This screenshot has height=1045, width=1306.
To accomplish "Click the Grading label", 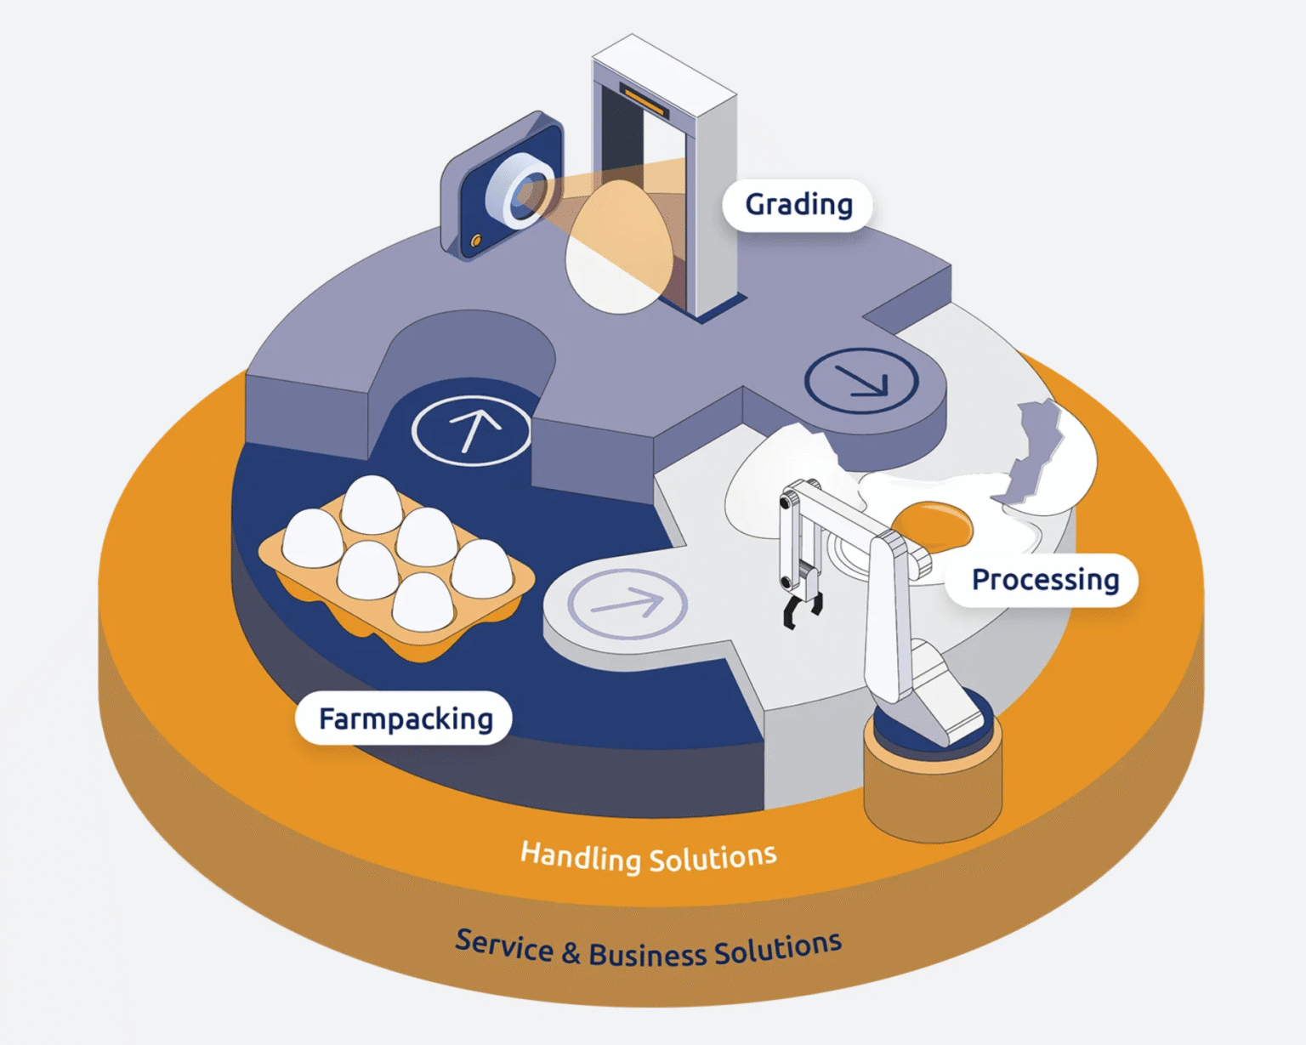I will click(x=798, y=205).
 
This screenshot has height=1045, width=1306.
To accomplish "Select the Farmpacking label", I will click(x=405, y=719).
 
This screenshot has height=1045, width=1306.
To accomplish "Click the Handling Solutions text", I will click(x=648, y=857).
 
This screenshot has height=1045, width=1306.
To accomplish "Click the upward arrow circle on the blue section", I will click(x=472, y=430).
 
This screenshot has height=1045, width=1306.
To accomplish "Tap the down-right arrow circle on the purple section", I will click(x=861, y=381).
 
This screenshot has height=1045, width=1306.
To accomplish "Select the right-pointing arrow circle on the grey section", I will click(x=627, y=604).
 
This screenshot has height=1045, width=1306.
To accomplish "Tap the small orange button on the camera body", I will click(x=476, y=241).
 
